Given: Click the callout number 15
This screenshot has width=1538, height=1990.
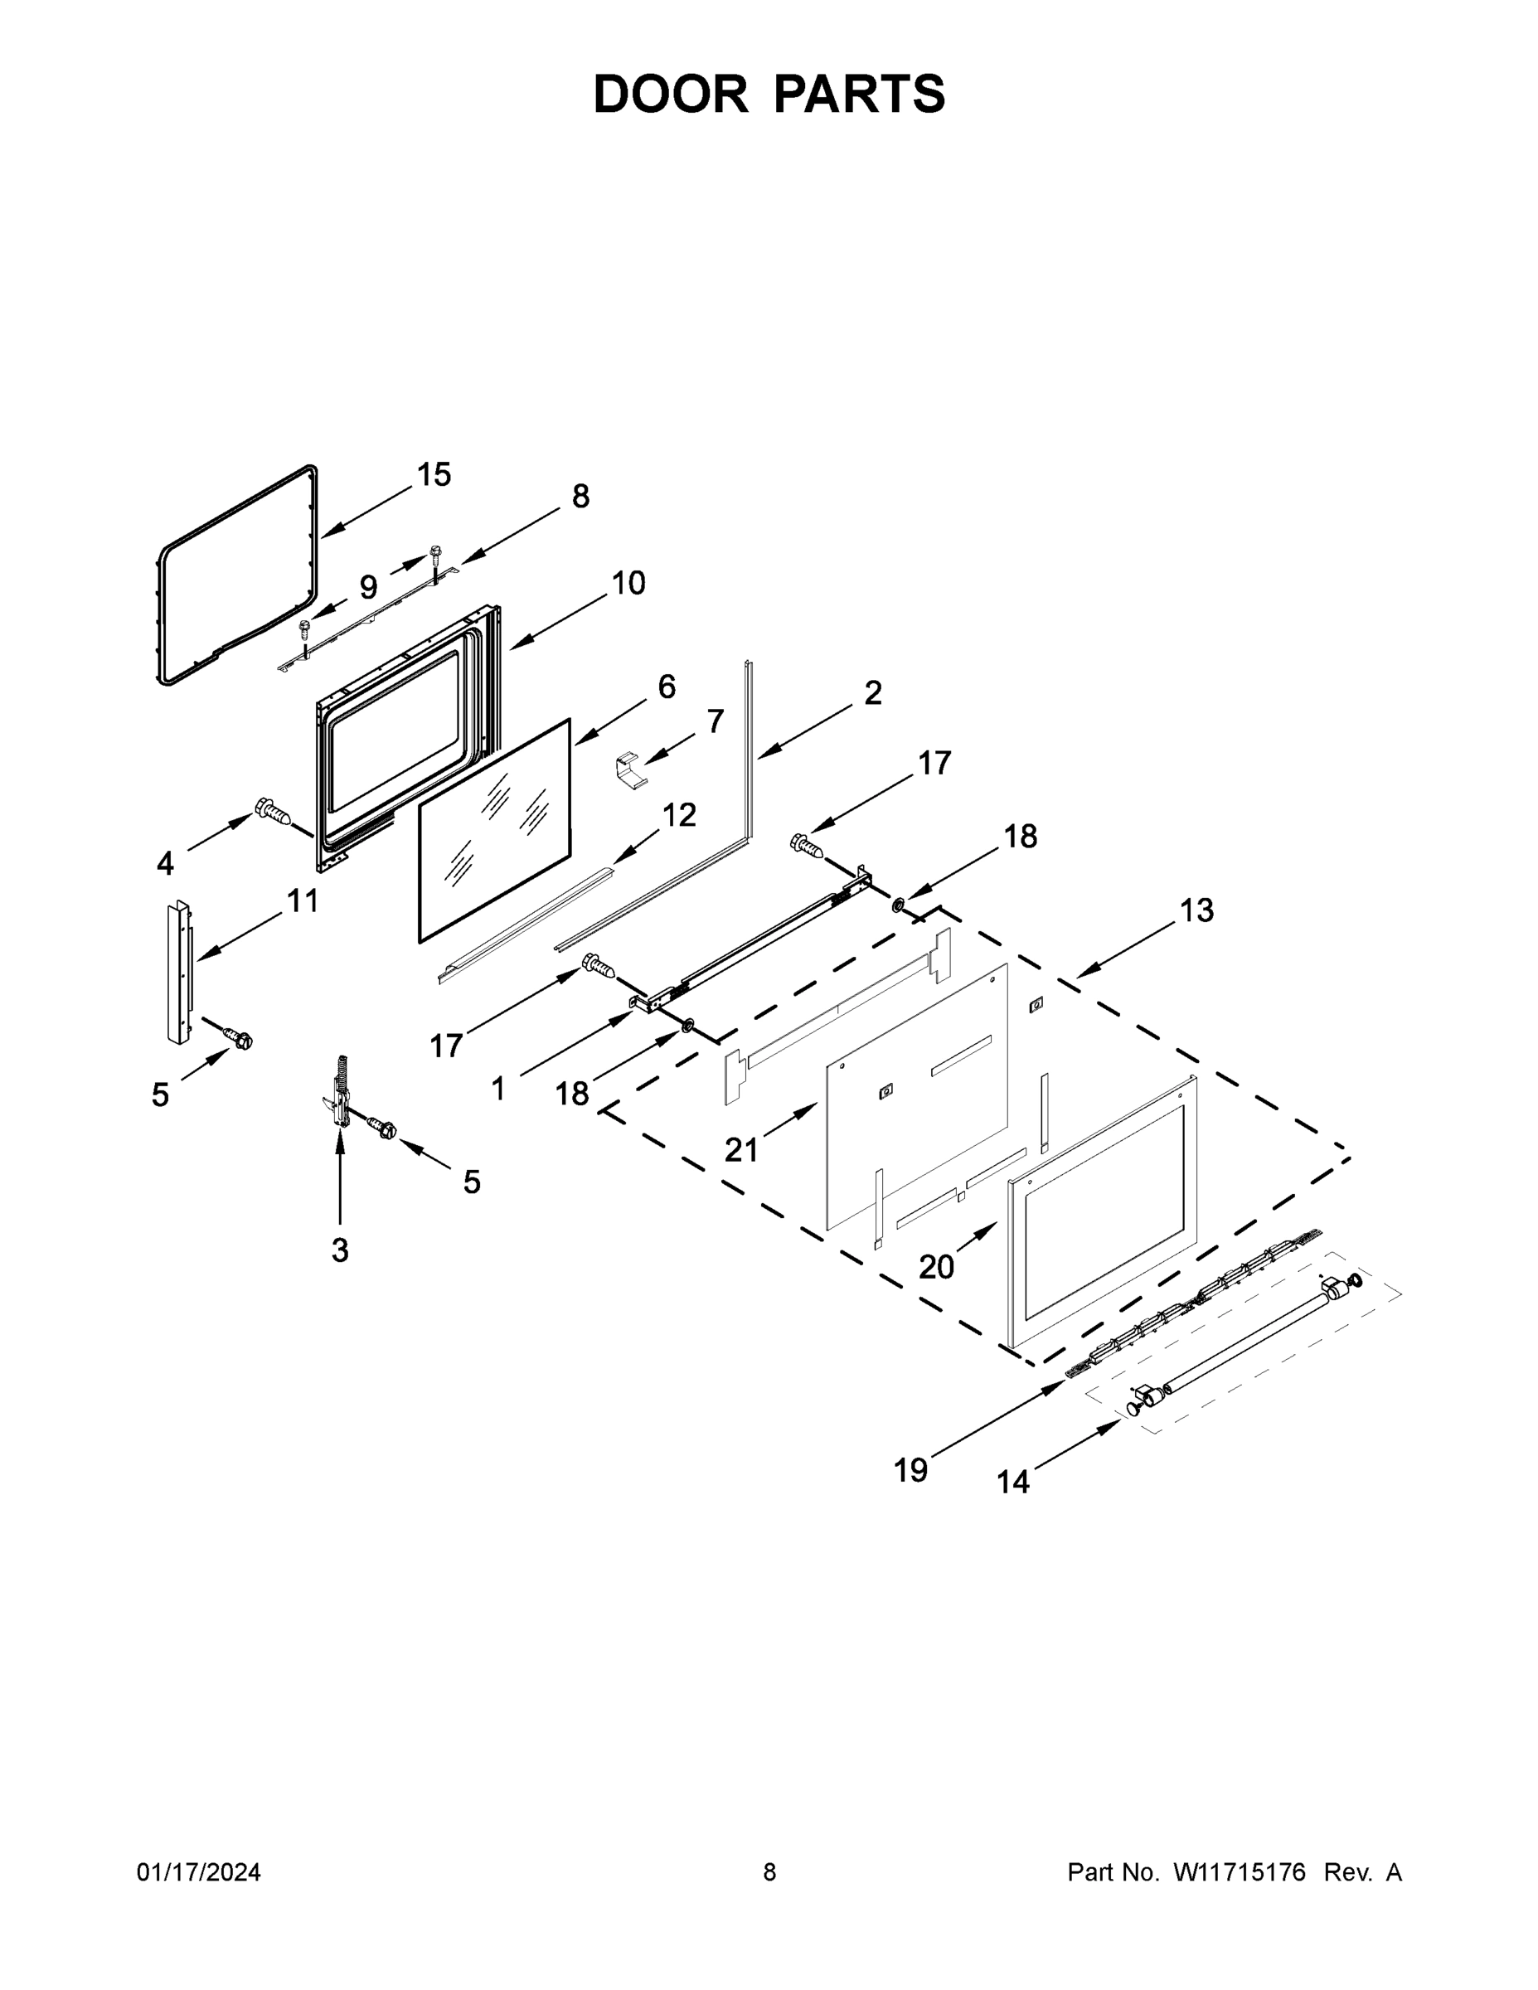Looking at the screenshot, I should coord(434,475).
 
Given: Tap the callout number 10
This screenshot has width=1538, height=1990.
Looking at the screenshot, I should coord(628,583).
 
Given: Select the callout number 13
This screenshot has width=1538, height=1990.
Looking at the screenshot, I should coord(1196,910).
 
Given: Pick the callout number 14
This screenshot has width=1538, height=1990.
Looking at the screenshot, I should coord(1012,1483).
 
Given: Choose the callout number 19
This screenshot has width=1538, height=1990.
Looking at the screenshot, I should coord(910,1470).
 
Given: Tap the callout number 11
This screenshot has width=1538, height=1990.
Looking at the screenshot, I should coord(303,901).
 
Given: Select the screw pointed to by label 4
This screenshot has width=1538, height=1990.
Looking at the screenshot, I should coord(274,810).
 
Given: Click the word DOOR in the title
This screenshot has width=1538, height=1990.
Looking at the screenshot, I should coord(670,94).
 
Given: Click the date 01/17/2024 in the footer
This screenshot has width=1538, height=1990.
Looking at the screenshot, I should coord(199,1871).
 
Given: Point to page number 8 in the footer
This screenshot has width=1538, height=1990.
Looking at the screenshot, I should coord(769,1871).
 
